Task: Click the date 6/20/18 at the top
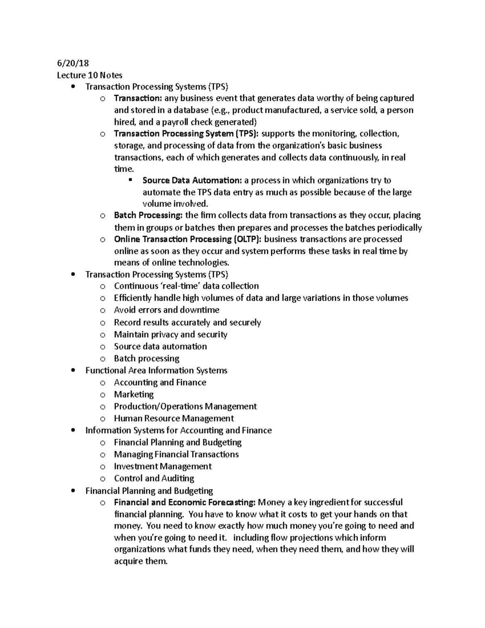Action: [73, 63]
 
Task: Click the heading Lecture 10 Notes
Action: [89, 75]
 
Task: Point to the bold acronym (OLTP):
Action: [247, 239]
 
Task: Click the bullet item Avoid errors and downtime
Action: [167, 310]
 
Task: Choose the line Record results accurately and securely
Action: [187, 322]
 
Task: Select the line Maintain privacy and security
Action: [170, 334]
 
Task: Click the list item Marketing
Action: [134, 394]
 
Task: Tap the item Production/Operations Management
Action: [185, 406]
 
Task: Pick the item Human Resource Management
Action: [174, 419]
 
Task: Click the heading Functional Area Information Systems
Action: [156, 370]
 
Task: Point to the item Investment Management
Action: [162, 466]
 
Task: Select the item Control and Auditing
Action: [154, 478]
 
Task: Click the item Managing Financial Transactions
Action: [176, 455]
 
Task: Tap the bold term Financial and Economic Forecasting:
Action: [185, 502]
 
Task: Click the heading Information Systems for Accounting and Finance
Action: [178, 430]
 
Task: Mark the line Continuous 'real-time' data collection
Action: [186, 286]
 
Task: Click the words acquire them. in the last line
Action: [140, 561]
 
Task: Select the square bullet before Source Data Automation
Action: [131, 180]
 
